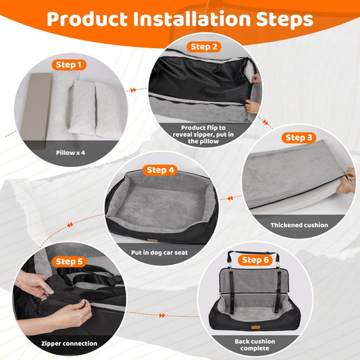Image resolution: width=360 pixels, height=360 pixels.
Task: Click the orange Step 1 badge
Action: [69, 65]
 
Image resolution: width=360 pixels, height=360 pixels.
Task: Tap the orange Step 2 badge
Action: [204, 47]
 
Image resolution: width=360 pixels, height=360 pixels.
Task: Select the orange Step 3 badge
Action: [299, 138]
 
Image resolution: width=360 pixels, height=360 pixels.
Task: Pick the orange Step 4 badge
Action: [160, 170]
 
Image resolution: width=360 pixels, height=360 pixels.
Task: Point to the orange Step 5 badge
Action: [69, 261]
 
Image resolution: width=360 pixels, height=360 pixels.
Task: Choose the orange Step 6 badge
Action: [255, 260]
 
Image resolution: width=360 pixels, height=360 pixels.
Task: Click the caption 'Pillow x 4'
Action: [70, 153]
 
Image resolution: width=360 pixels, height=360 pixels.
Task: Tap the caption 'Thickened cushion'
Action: [299, 225]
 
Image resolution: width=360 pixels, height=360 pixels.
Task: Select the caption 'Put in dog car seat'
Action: [159, 253]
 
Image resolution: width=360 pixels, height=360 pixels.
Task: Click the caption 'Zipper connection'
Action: [70, 344]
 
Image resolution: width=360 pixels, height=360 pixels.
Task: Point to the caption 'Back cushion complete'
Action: [255, 345]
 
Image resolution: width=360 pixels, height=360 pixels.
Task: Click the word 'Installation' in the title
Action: [192, 19]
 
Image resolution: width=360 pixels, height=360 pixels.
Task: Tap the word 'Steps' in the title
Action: [285, 20]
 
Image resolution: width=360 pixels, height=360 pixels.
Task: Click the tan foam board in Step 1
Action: [35, 109]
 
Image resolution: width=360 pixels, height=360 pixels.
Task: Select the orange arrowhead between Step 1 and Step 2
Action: [133, 91]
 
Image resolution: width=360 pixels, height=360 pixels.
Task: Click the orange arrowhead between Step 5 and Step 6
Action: [162, 315]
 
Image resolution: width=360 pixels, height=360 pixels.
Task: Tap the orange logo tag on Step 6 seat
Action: [255, 327]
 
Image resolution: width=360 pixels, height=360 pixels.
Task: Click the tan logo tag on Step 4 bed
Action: [152, 240]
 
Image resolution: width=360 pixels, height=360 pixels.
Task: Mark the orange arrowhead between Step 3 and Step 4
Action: [230, 198]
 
